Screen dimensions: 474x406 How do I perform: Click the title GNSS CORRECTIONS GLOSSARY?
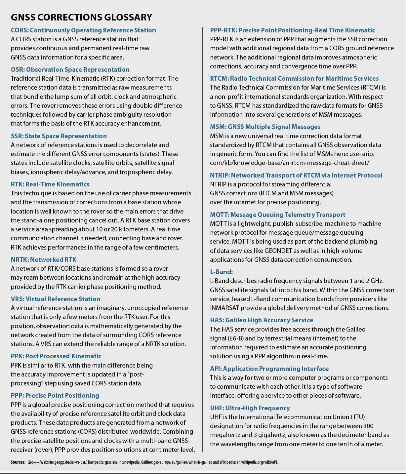[x=81, y=17]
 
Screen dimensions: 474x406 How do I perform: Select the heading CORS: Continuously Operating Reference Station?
[x=83, y=30]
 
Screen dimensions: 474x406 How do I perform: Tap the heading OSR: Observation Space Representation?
[x=70, y=70]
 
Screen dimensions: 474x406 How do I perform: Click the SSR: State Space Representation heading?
[x=59, y=136]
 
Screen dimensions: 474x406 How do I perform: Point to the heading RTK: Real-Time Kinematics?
[x=50, y=184]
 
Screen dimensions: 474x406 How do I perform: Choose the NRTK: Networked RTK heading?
[x=44, y=260]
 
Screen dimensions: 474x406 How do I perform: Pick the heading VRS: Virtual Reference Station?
[x=56, y=299]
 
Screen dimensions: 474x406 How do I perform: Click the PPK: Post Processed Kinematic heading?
[x=56, y=356]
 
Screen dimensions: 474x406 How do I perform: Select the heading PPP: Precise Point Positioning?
[x=55, y=396]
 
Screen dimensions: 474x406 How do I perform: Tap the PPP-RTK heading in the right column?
[x=293, y=30]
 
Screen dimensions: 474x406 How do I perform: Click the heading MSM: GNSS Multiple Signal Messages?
[x=265, y=127]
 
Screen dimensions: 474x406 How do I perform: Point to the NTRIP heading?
[x=296, y=176]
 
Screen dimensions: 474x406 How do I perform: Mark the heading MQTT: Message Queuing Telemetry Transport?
[x=278, y=215]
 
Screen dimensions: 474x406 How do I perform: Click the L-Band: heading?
[x=222, y=272]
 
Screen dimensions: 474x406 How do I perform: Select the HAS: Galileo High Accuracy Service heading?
[x=262, y=320]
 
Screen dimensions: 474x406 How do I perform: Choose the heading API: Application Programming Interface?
[x=269, y=369]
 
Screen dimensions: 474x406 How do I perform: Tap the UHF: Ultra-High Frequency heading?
[x=250, y=408]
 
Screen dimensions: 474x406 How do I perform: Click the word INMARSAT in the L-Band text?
[x=226, y=308]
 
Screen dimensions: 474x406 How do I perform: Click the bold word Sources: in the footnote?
[x=18, y=462]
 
